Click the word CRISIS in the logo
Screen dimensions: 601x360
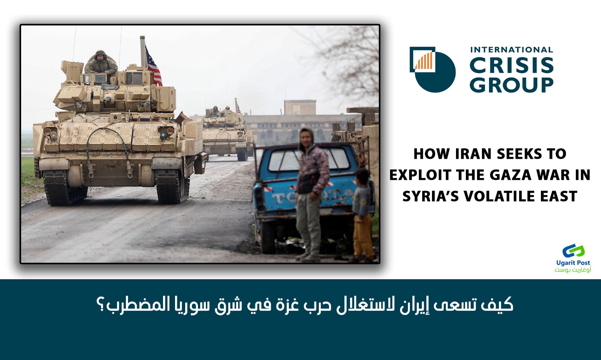point(511,66)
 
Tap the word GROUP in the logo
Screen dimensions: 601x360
point(511,85)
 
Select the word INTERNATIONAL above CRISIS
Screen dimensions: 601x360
point(511,50)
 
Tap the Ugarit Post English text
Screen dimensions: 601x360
point(573,263)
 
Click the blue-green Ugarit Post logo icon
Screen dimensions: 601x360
point(574,251)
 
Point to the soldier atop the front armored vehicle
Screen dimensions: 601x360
point(101,63)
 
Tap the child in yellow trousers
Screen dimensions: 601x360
point(363,214)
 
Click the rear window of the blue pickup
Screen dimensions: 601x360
point(308,160)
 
